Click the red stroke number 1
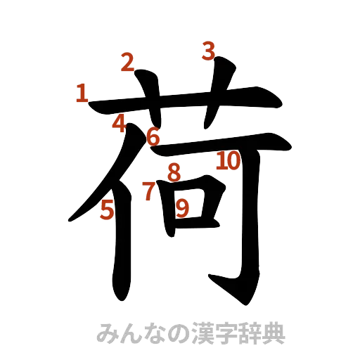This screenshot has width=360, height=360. [x=82, y=93]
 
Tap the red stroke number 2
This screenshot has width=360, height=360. [x=127, y=63]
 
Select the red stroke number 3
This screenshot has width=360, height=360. [x=209, y=51]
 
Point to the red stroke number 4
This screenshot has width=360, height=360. [x=120, y=124]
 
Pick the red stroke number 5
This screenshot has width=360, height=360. [x=108, y=210]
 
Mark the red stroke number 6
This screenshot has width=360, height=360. [x=153, y=135]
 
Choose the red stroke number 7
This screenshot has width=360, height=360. [x=148, y=191]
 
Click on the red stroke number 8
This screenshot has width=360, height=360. [x=174, y=171]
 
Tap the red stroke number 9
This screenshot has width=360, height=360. [x=182, y=207]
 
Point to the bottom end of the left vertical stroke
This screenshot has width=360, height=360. [x=121, y=288]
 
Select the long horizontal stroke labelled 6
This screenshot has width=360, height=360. [x=218, y=143]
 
